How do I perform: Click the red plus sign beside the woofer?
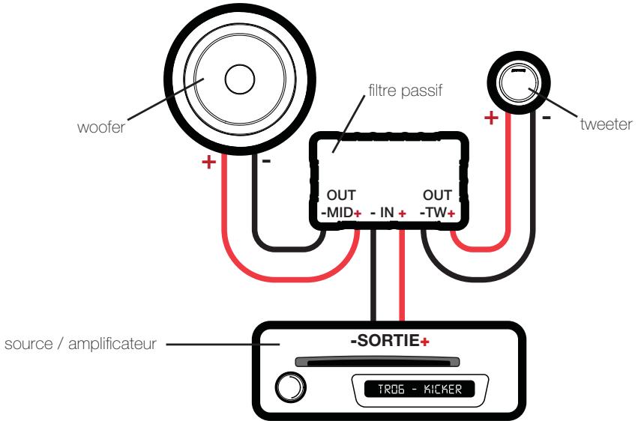(209, 163)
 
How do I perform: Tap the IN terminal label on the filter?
(386, 213)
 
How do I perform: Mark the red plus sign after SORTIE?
(425, 342)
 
